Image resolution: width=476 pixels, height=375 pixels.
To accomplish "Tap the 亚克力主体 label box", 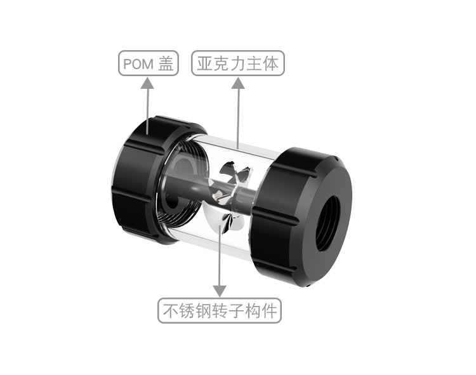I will (x=238, y=63).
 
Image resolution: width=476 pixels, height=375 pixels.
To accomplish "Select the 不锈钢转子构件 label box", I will (x=220, y=311).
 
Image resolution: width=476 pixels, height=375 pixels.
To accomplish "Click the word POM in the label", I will (x=137, y=64).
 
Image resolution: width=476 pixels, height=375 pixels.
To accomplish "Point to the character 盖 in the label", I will (x=166, y=63).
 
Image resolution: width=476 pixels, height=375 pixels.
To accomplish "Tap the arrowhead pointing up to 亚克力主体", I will (x=238, y=82).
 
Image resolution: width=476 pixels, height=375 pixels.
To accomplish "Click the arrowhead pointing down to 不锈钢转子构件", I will (x=220, y=291).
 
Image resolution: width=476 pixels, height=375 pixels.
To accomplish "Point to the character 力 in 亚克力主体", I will (x=238, y=63).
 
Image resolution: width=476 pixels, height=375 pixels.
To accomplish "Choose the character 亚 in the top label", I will (x=204, y=63).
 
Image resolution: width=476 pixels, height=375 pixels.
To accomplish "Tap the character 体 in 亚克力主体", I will (x=272, y=63).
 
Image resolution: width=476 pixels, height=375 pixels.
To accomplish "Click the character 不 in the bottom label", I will (x=169, y=311).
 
